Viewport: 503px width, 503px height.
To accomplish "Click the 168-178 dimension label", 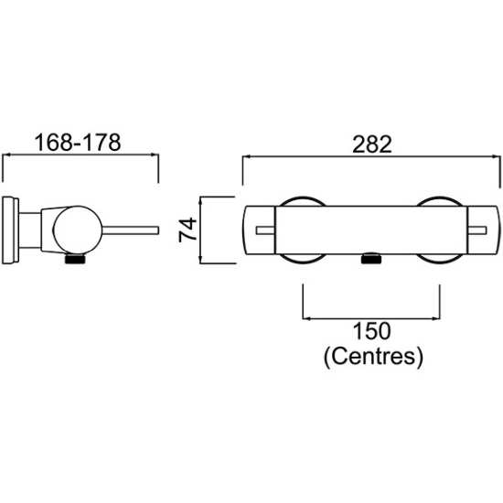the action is point(78,143).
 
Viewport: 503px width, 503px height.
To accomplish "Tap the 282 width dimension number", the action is point(372,144).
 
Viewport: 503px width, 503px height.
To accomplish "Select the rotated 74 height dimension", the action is point(187,230).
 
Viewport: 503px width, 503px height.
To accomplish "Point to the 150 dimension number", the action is point(372,331).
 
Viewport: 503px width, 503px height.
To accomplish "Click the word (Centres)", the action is point(373,357).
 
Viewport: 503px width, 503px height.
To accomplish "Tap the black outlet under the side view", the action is point(75,259).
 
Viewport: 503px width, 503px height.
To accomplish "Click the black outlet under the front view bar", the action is point(371,258).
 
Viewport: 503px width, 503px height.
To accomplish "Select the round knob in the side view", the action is point(78,230).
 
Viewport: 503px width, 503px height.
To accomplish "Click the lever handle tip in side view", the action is point(157,230).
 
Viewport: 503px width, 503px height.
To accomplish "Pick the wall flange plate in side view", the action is point(10,230).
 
